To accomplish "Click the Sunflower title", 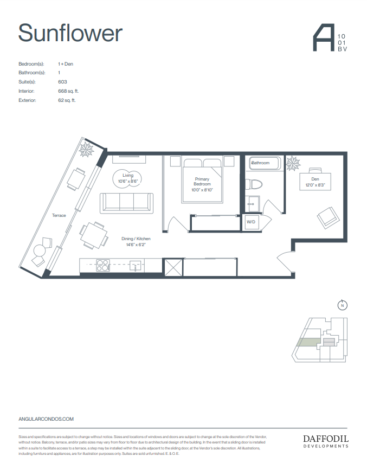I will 70,33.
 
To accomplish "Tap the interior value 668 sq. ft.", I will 68,91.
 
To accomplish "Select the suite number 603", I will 62,82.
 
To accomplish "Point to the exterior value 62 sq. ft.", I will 67,100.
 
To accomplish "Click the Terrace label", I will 59,215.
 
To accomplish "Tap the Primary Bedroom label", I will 202,182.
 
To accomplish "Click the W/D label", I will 251,222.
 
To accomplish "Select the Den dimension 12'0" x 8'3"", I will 314,185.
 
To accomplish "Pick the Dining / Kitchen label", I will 136,239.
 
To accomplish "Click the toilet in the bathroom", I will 253,184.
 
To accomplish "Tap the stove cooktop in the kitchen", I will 103,265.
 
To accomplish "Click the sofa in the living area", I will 126,202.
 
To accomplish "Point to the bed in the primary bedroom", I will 202,179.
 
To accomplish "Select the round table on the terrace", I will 40,250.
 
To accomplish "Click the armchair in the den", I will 327,218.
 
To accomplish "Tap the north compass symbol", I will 342,305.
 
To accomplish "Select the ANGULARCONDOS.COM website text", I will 46,419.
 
